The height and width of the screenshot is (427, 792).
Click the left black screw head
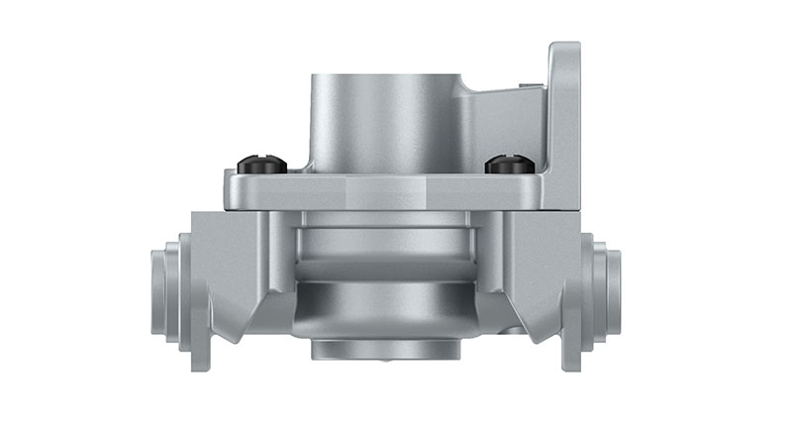click(x=261, y=164)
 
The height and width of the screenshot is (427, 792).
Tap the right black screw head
click(x=510, y=164)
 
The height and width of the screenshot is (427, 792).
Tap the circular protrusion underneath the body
click(x=386, y=350)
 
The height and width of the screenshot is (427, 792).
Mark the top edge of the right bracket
click(x=565, y=45)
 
